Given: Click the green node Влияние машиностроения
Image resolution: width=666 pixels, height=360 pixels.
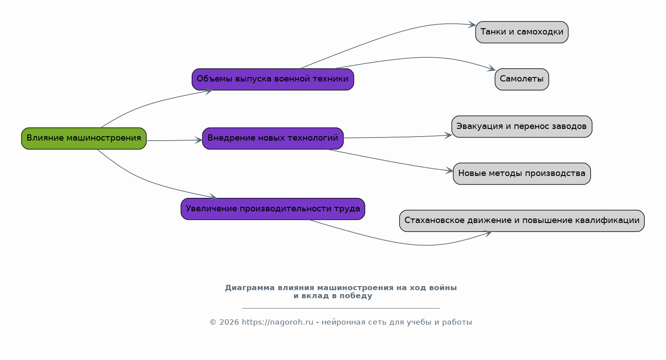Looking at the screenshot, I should click(84, 138).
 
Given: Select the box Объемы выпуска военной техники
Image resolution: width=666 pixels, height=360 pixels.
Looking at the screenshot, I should click(273, 79).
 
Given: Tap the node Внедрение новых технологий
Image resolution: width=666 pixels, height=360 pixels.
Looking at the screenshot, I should click(273, 138).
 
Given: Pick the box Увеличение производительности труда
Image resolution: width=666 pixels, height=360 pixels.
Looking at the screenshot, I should click(273, 209).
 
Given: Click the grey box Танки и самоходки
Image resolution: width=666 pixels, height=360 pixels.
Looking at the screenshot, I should click(522, 32).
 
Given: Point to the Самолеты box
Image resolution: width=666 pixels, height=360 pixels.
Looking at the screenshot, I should click(522, 79).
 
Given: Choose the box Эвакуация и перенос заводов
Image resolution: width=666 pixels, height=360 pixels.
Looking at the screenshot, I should click(522, 127).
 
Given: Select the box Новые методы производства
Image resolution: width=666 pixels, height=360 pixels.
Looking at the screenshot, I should click(522, 174).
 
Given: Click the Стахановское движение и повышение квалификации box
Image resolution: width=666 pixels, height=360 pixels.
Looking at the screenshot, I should click(522, 221).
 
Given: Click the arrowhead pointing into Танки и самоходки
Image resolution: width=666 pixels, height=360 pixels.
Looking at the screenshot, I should click(472, 25).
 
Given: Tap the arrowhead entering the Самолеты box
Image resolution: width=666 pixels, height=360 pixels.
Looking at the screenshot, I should click(492, 69).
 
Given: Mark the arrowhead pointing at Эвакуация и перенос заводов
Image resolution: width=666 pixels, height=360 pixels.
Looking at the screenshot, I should click(448, 135).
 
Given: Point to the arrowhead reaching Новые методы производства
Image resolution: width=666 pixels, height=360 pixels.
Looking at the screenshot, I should click(450, 171).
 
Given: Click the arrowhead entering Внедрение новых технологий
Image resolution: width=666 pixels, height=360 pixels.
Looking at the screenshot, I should click(199, 140).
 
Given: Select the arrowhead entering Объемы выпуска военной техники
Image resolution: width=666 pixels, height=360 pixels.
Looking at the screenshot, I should click(209, 91).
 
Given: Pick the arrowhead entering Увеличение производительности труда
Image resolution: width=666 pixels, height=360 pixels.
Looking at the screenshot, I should click(213, 197).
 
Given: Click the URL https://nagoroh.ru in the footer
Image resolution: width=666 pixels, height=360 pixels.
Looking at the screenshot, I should click(277, 322).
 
